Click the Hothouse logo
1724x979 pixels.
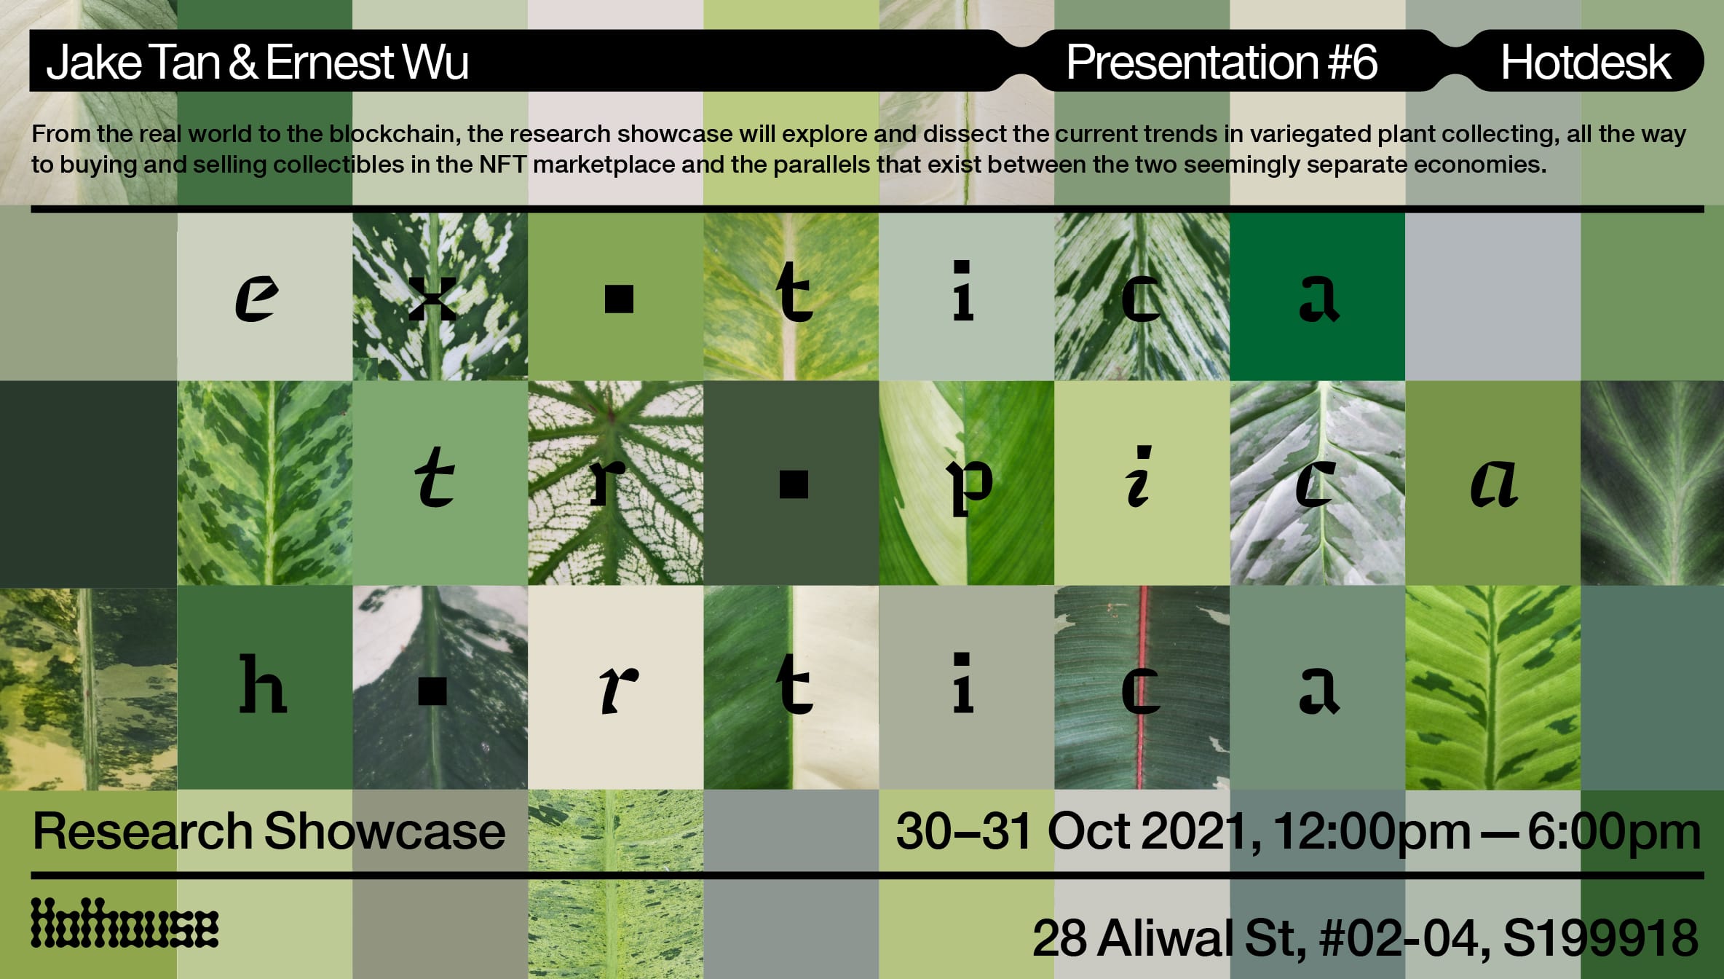(x=124, y=923)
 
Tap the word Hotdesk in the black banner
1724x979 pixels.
(x=1585, y=63)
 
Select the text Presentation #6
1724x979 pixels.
(x=1222, y=62)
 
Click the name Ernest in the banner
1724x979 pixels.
(x=329, y=63)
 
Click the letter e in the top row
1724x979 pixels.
(x=256, y=298)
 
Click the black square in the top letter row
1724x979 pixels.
(x=619, y=299)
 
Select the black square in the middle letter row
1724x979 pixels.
(x=794, y=484)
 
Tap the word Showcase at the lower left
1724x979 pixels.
(x=385, y=831)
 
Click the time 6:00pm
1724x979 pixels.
(x=1614, y=832)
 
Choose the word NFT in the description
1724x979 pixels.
(x=502, y=165)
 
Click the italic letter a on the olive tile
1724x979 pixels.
(x=1494, y=483)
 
